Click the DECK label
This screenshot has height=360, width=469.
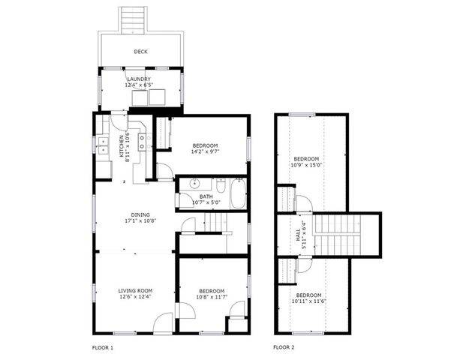(x=140, y=52)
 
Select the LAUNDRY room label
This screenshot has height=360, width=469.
(x=139, y=79)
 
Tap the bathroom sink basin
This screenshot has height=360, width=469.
(x=194, y=184)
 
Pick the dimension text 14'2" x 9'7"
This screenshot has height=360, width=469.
(x=205, y=151)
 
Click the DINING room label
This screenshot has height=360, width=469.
(x=135, y=214)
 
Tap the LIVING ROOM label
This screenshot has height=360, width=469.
(x=135, y=290)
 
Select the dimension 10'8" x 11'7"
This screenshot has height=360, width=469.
(x=212, y=298)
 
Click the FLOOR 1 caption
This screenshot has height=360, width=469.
(x=103, y=347)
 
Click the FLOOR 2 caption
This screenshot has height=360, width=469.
(x=284, y=347)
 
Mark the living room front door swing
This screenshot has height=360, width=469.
(x=163, y=322)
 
